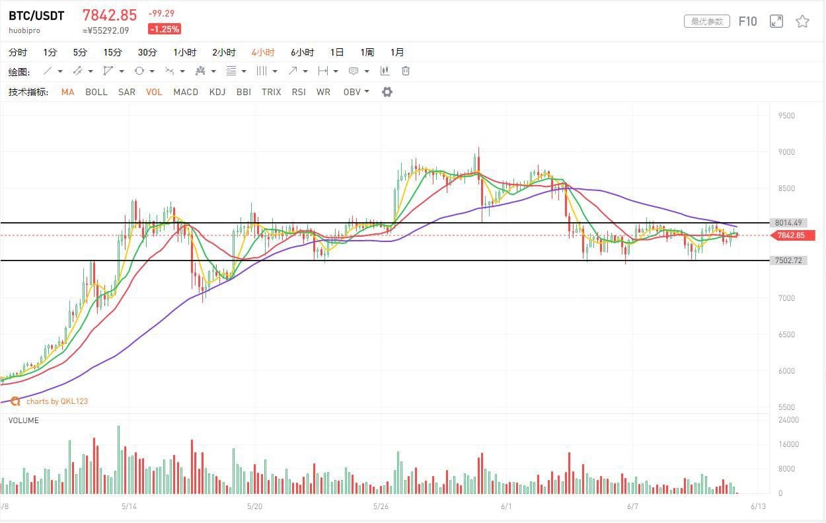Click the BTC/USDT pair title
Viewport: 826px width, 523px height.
36,16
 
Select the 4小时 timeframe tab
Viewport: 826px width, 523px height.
263,52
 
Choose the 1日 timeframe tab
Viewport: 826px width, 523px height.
337,52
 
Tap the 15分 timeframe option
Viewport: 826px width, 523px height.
112,52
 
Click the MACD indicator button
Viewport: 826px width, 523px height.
186,92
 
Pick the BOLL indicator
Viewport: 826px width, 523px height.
96,92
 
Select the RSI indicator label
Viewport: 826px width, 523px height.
299,92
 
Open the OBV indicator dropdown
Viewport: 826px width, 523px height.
356,92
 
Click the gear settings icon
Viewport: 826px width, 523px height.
387,92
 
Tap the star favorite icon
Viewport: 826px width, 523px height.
802,21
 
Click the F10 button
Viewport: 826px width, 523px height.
747,21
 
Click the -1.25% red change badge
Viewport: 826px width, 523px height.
165,29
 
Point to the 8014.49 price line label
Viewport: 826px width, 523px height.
789,223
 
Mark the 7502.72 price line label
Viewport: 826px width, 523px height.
789,261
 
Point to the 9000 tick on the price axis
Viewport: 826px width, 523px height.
786,152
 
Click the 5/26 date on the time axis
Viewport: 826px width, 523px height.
380,506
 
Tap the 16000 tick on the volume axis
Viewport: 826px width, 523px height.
789,444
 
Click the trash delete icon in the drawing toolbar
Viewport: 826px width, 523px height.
406,71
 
